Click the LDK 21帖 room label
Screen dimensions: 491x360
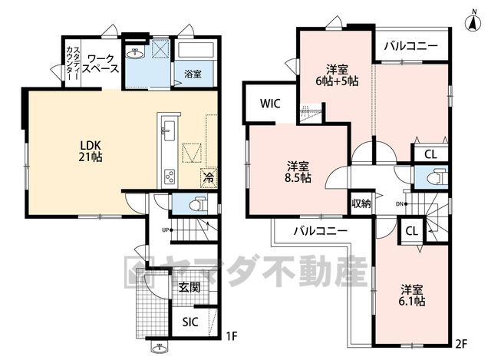point(91,151)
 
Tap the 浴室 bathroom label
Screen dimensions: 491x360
point(193,74)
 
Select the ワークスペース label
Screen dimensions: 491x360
point(101,64)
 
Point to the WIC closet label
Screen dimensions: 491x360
point(270,104)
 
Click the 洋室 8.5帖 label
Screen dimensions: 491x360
point(298,172)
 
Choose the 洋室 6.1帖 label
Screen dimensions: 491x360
point(412,296)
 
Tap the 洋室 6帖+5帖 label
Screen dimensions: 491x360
point(337,75)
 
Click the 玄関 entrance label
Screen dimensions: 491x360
point(189,287)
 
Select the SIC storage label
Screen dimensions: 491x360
point(190,322)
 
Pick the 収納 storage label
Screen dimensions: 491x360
point(361,203)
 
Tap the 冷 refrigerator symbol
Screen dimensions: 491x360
point(208,178)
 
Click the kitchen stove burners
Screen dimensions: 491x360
point(170,177)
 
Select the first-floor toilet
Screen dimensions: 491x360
point(198,204)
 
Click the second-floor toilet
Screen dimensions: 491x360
point(437,178)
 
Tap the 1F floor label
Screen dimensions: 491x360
point(232,337)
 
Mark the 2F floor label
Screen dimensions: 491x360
point(461,344)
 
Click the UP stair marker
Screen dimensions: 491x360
point(167,230)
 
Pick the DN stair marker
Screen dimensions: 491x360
point(401,204)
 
